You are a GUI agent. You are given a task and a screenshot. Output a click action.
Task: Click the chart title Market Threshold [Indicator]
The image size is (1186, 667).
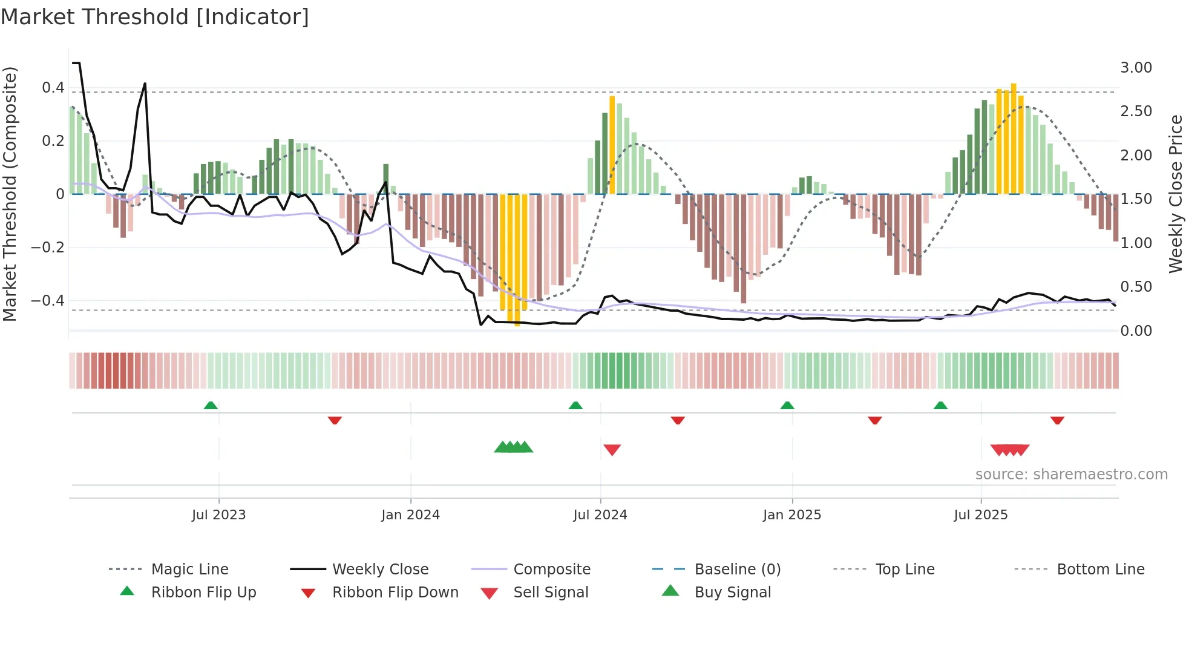(155, 17)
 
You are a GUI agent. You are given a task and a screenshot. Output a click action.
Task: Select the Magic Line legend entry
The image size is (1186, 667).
(189, 570)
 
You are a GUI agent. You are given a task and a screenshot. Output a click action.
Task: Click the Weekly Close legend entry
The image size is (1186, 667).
(380, 570)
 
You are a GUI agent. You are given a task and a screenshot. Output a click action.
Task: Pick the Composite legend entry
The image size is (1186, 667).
(551, 570)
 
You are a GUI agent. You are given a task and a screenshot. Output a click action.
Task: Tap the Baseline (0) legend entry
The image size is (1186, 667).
(737, 570)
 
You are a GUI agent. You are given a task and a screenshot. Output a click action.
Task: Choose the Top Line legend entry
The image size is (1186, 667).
(905, 570)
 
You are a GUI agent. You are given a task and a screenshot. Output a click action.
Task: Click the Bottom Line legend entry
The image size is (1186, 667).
(1100, 570)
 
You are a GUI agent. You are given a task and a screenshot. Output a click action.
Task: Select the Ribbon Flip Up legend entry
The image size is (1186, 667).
(203, 593)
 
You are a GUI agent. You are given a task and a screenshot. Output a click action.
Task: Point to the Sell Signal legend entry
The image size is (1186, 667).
(551, 593)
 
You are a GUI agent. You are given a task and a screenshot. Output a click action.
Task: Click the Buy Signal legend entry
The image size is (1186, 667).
(732, 593)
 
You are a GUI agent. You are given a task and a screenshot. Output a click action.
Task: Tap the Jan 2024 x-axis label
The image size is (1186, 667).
(410, 515)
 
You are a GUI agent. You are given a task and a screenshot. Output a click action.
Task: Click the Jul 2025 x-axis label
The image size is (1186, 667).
(980, 515)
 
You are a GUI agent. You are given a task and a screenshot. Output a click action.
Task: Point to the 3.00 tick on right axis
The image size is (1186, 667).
(1136, 68)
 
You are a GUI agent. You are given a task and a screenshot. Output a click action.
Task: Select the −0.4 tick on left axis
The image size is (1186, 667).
(48, 301)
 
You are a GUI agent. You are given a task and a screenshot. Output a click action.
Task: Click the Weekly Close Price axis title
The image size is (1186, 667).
(1175, 194)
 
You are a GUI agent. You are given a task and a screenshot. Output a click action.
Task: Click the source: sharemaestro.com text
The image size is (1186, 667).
(1071, 475)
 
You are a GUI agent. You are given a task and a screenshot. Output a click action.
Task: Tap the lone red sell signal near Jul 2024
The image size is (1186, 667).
(612, 450)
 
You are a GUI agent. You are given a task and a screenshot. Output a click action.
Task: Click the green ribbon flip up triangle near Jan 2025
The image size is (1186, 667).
(787, 406)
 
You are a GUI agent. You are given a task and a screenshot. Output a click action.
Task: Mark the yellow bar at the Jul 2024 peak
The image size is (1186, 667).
(612, 145)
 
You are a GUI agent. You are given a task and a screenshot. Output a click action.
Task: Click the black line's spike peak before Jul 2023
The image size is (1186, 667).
(145, 84)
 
